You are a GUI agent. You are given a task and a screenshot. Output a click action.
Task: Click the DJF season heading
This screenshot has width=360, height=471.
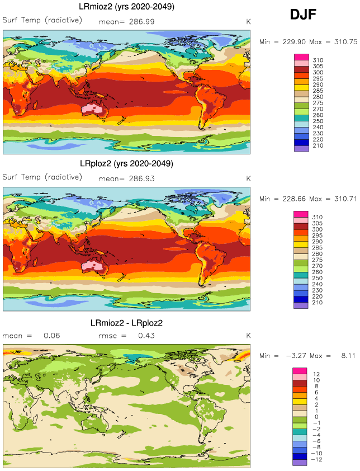click(304, 15)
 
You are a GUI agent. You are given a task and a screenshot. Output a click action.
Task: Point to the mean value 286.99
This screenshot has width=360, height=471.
click(141, 21)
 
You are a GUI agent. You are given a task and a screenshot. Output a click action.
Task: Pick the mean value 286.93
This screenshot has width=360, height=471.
click(141, 178)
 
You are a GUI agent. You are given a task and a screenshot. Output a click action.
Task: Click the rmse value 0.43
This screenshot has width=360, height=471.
click(146, 336)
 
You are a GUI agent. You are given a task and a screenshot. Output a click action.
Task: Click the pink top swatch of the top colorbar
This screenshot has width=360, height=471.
click(301, 57)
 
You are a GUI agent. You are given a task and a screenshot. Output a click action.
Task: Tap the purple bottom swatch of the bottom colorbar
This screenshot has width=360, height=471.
click(301, 462)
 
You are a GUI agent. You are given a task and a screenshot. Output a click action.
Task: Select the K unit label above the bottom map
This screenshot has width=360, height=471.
click(249, 336)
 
